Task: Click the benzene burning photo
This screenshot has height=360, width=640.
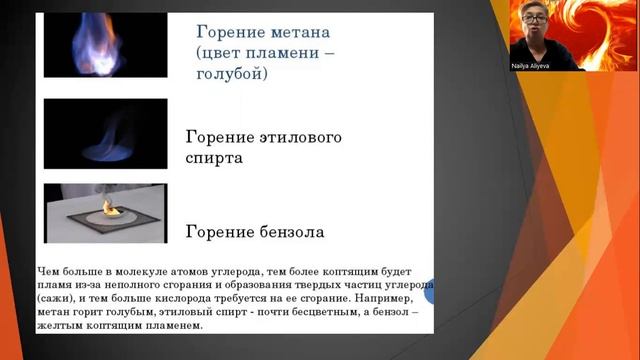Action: click(x=105, y=213)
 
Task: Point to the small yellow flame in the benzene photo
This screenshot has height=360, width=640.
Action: click(x=110, y=207)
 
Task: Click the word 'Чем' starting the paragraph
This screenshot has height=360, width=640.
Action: click(x=49, y=270)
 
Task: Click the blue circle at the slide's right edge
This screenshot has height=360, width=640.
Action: click(x=431, y=293)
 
